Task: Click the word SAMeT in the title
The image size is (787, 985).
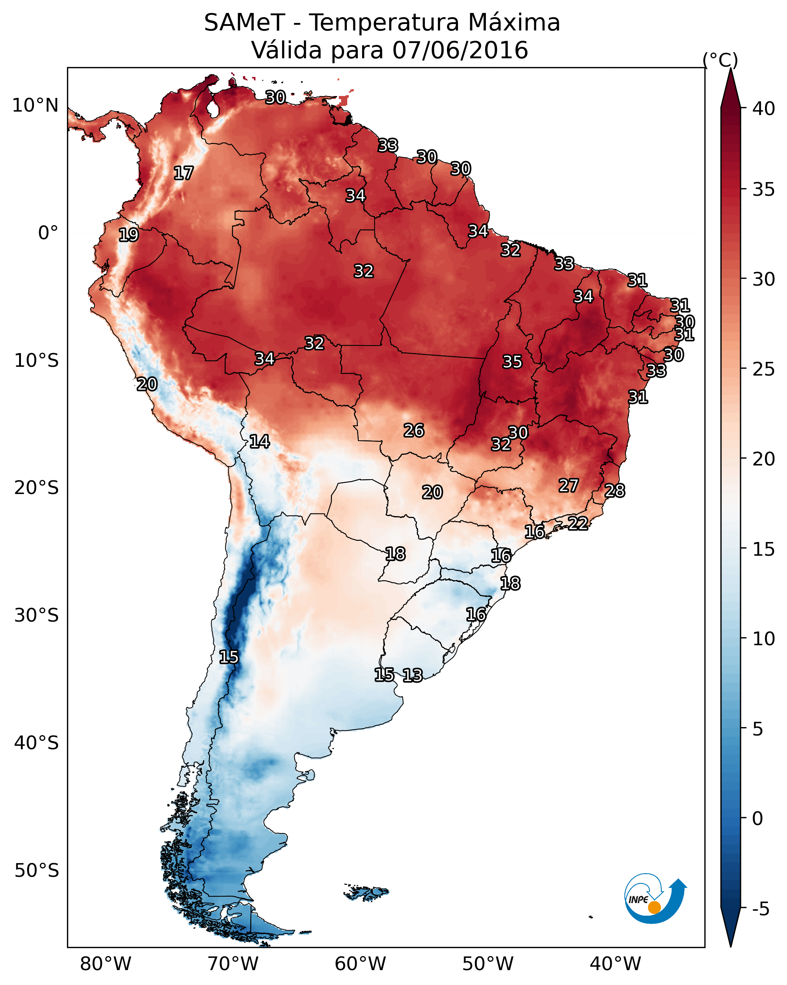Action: [x=244, y=23]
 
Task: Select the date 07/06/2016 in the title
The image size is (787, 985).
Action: [x=460, y=50]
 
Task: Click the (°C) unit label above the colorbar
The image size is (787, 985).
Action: [x=720, y=60]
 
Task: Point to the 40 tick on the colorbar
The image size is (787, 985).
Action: [x=764, y=109]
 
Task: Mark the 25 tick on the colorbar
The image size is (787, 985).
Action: [x=764, y=369]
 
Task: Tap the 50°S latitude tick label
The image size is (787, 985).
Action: [x=37, y=870]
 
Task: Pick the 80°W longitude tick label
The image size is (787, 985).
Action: [x=105, y=964]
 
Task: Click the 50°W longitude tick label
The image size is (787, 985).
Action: [x=488, y=964]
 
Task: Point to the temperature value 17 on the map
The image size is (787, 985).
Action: [x=184, y=173]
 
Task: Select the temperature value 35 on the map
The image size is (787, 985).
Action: [x=512, y=362]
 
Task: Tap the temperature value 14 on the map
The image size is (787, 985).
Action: [x=259, y=441]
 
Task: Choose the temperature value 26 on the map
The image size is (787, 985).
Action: [x=414, y=430]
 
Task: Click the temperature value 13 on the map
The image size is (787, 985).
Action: [x=412, y=675]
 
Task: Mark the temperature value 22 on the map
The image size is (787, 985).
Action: [x=578, y=523]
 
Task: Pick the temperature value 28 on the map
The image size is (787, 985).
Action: [x=615, y=491]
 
